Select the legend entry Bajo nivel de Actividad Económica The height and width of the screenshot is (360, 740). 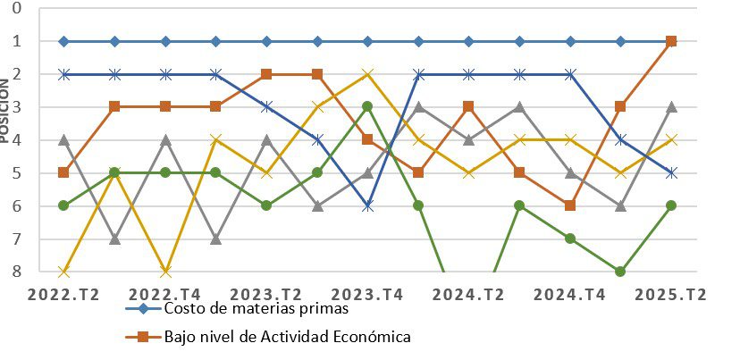[x=287, y=337]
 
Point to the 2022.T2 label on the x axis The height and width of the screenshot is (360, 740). [x=63, y=294]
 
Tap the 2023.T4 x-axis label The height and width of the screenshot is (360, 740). [x=367, y=294]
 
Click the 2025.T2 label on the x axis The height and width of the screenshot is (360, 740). [x=671, y=294]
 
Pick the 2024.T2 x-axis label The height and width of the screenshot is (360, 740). [x=468, y=294]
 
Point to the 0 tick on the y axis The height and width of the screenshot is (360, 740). [x=16, y=8]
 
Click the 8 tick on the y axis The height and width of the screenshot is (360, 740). [x=16, y=272]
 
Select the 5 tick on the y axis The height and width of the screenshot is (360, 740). [x=16, y=172]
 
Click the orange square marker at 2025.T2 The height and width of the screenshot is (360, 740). [x=671, y=41]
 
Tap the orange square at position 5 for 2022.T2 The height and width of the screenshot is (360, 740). [x=63, y=172]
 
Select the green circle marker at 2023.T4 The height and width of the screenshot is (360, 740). [x=367, y=106]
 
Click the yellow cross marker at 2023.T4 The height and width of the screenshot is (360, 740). [x=367, y=74]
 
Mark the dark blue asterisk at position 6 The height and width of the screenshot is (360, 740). [x=367, y=205]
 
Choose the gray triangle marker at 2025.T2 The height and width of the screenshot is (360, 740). [x=671, y=106]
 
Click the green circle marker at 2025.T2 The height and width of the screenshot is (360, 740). [x=671, y=205]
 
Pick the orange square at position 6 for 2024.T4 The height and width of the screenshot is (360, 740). [x=570, y=205]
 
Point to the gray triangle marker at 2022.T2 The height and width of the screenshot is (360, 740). [x=63, y=139]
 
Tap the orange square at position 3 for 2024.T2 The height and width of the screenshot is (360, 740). [x=468, y=106]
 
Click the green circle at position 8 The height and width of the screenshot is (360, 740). [x=620, y=272]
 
